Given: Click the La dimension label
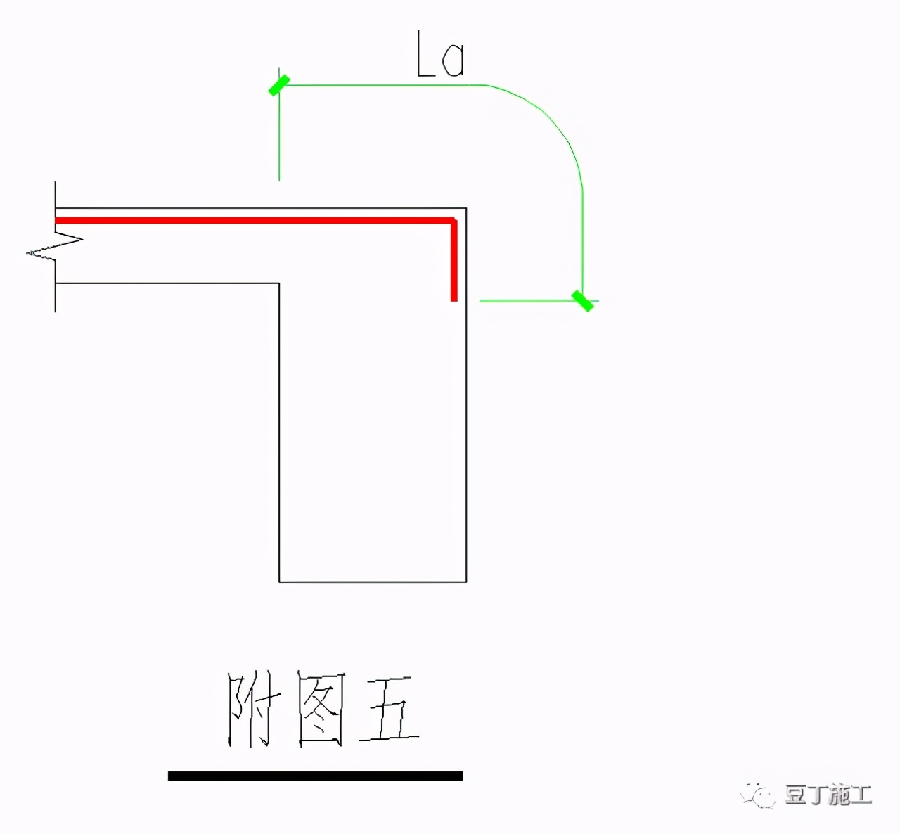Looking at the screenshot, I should click(x=440, y=55).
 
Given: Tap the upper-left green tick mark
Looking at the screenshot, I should click(x=278, y=85).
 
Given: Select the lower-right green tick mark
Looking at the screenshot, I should click(x=582, y=300).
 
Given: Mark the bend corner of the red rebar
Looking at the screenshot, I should click(x=454, y=222).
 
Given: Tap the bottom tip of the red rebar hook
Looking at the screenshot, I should click(x=454, y=300).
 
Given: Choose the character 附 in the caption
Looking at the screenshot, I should click(x=251, y=710).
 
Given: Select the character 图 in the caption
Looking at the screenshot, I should click(x=320, y=710).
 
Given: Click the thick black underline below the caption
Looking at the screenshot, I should click(x=315, y=776).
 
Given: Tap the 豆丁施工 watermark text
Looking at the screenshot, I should click(x=828, y=795).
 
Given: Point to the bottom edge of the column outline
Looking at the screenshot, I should click(x=373, y=582).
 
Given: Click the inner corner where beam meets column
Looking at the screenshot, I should click(x=279, y=283).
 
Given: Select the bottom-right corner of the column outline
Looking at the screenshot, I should click(x=466, y=582).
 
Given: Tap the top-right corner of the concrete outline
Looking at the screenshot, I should click(x=466, y=208).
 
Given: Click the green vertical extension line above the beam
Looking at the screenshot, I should click(x=279, y=141).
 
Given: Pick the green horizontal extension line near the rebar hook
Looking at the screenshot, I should click(x=520, y=300).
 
